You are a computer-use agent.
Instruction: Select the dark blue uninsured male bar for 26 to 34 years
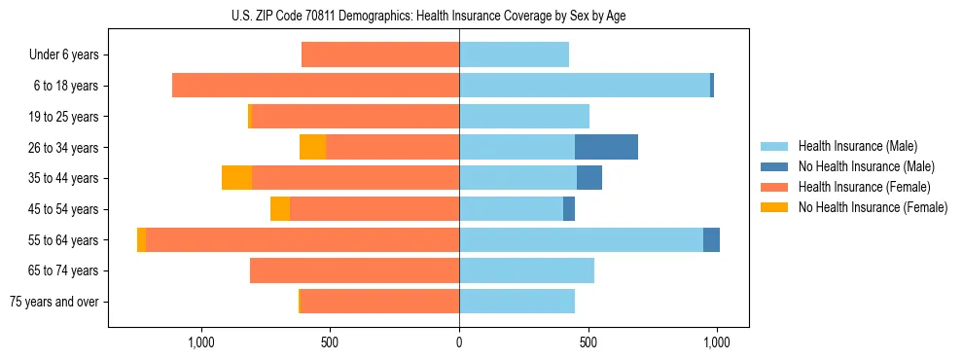coord(606,147)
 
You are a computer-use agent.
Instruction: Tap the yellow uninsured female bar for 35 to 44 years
coord(236,178)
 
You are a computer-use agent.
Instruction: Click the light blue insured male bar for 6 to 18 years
coord(584,86)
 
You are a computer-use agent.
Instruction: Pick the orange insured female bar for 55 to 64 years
coord(302,239)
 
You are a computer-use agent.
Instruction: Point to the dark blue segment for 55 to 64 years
coord(711,239)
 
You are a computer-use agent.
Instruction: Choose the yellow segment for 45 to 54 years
coord(280,208)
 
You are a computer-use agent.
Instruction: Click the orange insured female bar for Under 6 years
coord(380,54)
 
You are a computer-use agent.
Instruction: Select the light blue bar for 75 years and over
coord(517,301)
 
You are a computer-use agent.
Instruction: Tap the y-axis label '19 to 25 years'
coord(63,117)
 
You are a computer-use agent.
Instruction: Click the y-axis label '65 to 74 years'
coord(63,270)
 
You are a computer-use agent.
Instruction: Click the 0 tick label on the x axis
coord(459,342)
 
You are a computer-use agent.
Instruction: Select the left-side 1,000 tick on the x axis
coord(201,342)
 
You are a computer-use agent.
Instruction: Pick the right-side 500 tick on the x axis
coord(588,342)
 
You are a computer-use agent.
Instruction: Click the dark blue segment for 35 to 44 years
coord(589,178)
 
